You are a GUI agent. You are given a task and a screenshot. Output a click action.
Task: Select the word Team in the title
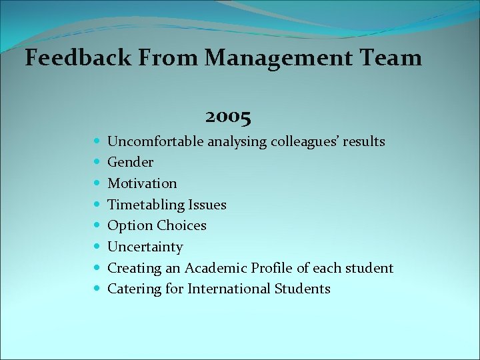pos(393,58)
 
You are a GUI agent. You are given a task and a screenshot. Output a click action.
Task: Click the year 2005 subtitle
pos(229,118)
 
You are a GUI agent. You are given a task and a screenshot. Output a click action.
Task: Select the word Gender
pos(131,162)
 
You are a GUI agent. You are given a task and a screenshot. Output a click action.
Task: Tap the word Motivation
pos(142,183)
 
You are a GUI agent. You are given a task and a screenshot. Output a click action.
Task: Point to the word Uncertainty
pos(145,247)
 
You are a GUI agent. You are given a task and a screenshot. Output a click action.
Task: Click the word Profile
pos(273,268)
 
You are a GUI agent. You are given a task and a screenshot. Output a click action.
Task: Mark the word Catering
pos(131,289)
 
